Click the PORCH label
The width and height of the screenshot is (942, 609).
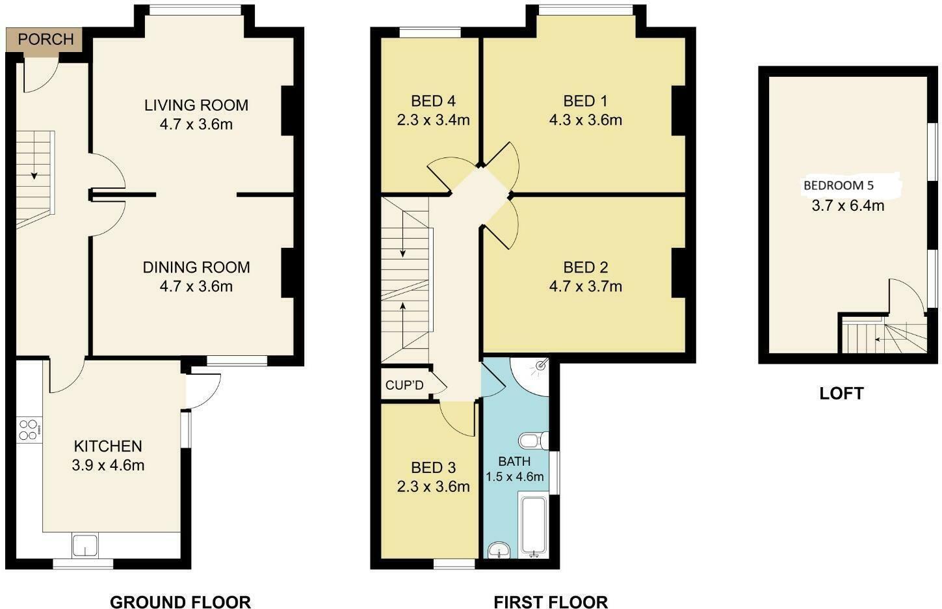point(46,40)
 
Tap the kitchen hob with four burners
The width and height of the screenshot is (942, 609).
point(29,429)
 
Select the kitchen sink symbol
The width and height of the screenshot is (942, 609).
point(85,545)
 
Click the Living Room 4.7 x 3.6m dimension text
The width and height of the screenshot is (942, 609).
point(196,124)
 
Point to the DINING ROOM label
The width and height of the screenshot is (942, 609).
point(196,267)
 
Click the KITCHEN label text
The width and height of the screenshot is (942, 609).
point(108,446)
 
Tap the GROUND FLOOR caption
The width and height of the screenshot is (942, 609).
point(180,602)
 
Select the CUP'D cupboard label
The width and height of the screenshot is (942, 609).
point(404,385)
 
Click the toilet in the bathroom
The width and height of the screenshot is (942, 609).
point(532,441)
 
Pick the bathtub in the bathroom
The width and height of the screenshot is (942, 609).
point(534,526)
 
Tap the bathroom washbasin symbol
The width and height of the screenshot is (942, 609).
point(499,550)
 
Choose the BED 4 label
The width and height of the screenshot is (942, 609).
point(433,101)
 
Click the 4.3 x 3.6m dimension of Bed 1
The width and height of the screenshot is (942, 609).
point(585,120)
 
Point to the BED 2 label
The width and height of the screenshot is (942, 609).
point(585,267)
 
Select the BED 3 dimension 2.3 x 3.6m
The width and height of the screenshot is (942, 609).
point(433,487)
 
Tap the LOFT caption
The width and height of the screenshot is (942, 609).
point(841,393)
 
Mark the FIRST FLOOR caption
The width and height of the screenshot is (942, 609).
point(551,602)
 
